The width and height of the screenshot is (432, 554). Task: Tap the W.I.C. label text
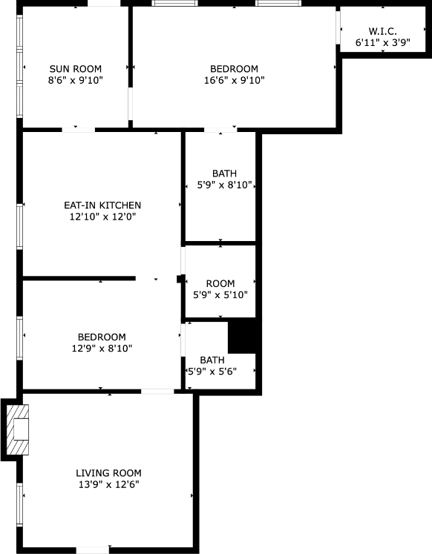point(382,31)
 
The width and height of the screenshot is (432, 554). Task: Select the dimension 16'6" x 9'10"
point(234,80)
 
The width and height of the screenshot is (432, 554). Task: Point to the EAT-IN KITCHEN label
point(102,205)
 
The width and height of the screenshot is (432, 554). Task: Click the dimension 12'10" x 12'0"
point(102,217)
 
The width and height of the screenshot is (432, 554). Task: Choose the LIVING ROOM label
point(108,473)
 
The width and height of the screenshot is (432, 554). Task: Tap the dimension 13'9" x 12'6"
point(108,484)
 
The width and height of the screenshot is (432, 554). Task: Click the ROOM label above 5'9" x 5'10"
point(220,283)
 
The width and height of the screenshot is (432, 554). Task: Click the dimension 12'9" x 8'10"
point(99,348)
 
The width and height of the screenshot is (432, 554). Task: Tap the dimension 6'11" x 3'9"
point(382,43)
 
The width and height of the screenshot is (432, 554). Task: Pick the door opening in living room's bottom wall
point(93,550)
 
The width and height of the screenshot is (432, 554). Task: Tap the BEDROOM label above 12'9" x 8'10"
point(99,337)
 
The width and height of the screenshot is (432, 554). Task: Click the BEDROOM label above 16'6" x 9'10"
point(234,69)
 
